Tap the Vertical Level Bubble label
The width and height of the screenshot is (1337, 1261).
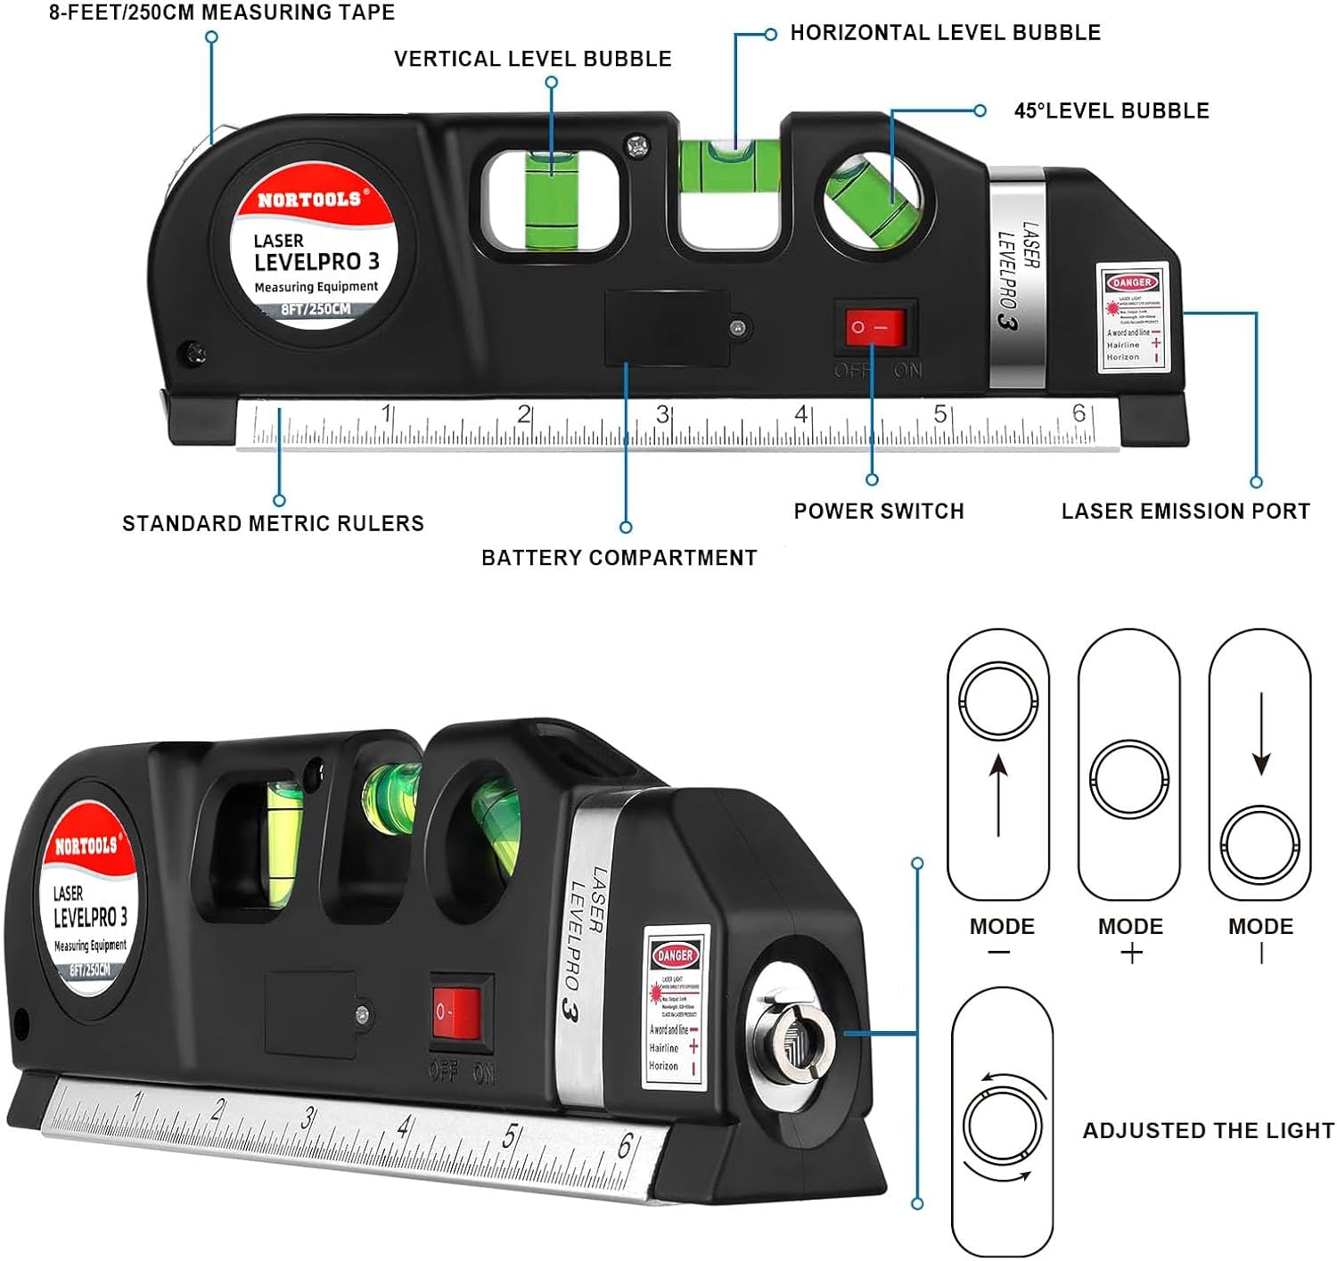click(533, 59)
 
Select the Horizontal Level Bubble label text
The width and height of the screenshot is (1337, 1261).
click(945, 33)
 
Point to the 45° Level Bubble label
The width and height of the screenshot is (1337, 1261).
click(1111, 111)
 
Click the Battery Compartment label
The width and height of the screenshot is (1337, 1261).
click(619, 558)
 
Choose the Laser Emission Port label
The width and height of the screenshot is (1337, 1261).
click(1185, 512)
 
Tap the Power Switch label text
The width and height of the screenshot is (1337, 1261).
click(879, 512)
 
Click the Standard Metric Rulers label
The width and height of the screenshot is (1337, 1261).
click(273, 523)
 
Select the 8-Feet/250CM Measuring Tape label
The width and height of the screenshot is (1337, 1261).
click(222, 12)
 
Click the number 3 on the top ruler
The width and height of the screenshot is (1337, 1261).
click(662, 414)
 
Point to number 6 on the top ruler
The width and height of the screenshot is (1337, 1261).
click(1079, 413)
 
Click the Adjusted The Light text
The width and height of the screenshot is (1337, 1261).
click(1208, 1131)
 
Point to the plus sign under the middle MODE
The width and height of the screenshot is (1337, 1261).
click(1131, 954)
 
